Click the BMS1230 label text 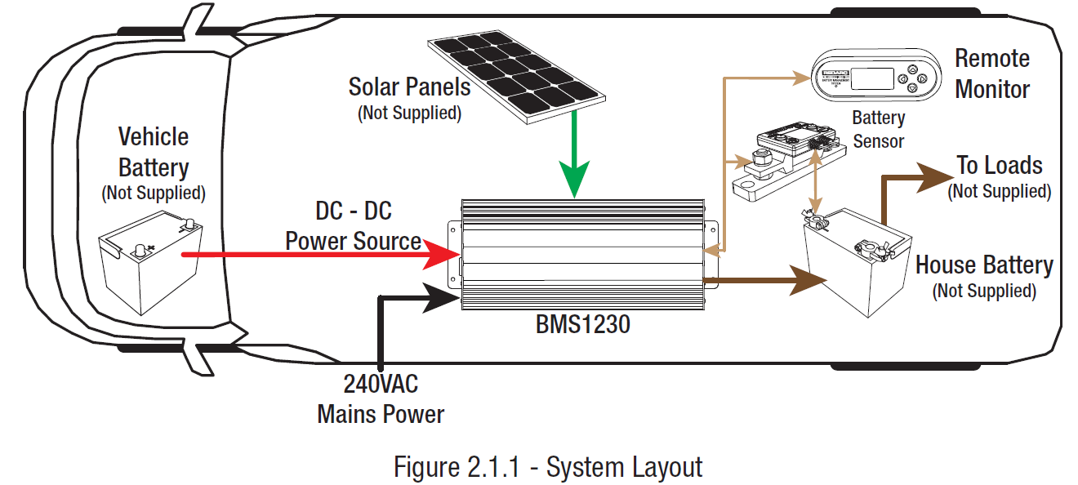coord(583,325)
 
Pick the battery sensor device coord(784,155)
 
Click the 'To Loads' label coord(999,166)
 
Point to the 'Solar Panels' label coord(409,87)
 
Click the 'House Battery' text coord(983,265)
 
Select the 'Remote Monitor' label coord(991,73)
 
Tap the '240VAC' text coord(381,384)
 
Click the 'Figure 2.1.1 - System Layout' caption coord(548,467)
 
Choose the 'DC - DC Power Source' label coord(353,226)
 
